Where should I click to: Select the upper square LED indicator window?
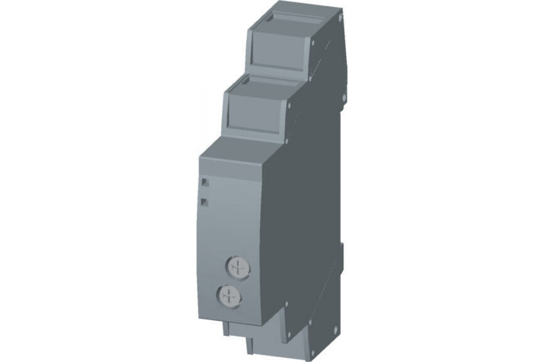[x=204, y=182]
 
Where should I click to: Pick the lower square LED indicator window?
[x=204, y=202]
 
